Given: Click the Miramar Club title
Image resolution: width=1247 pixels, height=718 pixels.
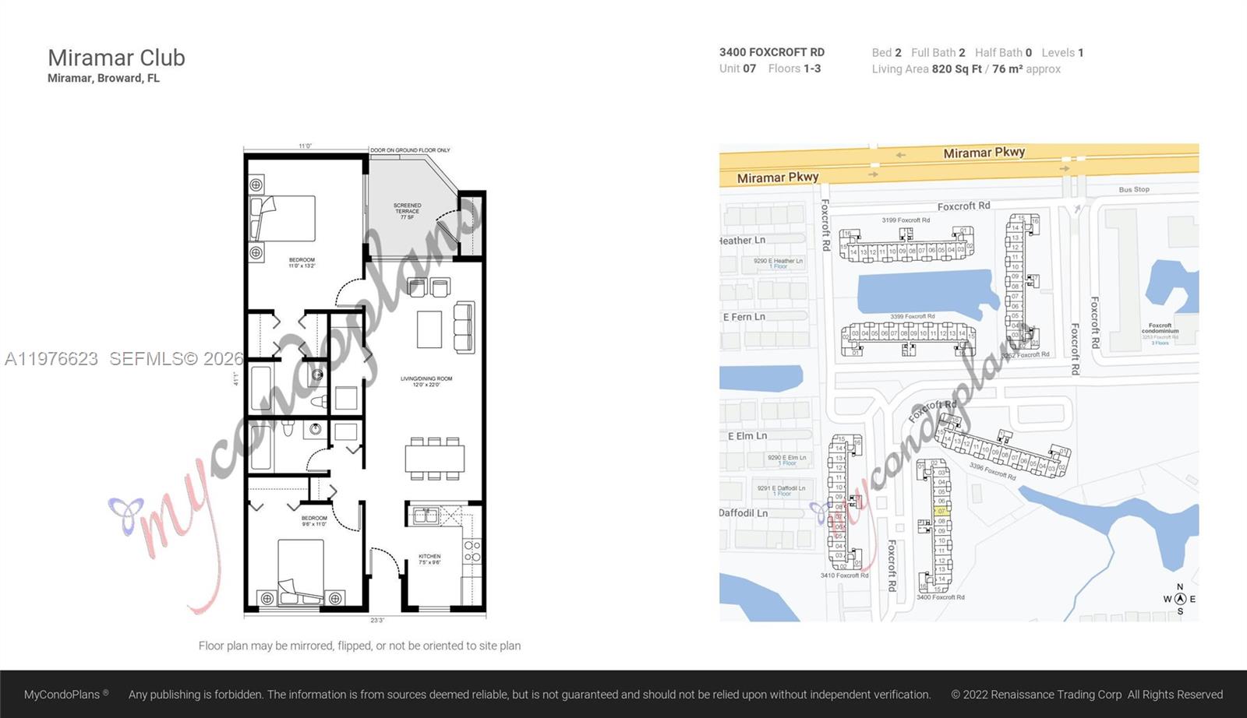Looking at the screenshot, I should pos(116,58).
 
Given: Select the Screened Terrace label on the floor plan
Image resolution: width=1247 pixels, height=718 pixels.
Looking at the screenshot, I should pos(407,211).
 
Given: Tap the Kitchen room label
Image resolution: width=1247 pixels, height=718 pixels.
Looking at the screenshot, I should pos(429,559).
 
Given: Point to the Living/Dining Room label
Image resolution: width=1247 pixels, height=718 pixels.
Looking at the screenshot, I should pos(426,382).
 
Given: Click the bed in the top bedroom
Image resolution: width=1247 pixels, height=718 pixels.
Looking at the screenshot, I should pos(283,218).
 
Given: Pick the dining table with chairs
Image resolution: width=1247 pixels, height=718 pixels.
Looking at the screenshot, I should pos(434,458).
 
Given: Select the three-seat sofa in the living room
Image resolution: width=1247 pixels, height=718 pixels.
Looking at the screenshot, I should pos(464,326).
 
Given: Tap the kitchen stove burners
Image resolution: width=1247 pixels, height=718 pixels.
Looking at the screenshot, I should pos(472,551).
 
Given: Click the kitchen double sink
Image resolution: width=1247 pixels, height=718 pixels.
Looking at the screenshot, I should pos(426,515).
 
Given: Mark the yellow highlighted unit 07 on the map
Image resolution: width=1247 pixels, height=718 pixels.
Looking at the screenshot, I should pos(941,511).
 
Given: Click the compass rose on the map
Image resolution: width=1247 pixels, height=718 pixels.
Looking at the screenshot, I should pos(1180,599).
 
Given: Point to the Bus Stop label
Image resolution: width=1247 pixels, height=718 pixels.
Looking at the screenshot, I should pos(1134,189).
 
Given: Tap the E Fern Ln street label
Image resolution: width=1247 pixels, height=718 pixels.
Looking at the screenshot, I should pos(744,317).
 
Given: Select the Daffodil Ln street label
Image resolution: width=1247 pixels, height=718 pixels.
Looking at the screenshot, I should pos(743,513).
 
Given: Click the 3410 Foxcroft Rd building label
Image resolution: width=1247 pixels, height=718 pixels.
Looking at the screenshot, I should pos(844,575).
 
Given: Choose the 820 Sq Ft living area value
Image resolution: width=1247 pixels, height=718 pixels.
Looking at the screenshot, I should pos(956,69).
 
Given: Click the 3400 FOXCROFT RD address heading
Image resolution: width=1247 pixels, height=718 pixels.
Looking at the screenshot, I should pos(772,52).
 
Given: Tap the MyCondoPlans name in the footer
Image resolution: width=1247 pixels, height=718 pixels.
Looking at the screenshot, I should pos(62,694).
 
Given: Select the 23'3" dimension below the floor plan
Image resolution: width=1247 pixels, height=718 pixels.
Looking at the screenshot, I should pos(377,621).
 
